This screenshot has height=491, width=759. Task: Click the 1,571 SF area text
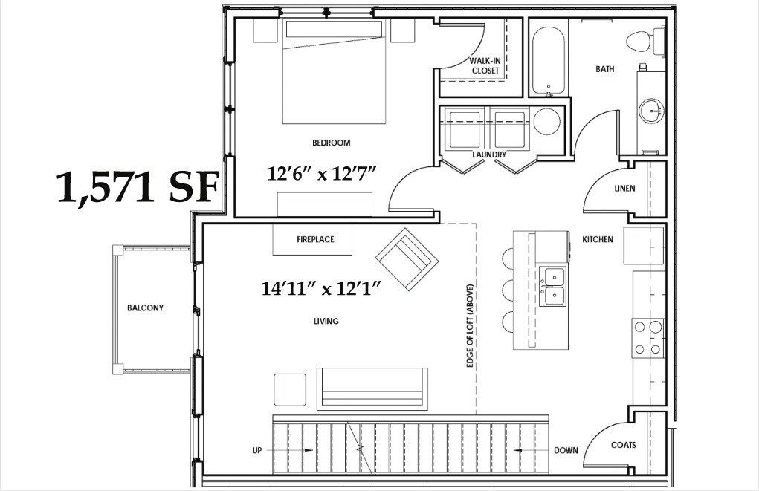138,188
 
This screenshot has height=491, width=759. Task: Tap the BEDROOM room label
332,143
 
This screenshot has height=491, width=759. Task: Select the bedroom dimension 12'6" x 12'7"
323,174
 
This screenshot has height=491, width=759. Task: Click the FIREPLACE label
315,240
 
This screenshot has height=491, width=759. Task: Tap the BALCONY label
145,308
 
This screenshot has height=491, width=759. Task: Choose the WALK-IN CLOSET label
485,65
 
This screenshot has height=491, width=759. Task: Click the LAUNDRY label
489,155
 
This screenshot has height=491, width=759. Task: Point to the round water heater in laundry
547,121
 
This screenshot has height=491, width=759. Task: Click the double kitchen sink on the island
552,287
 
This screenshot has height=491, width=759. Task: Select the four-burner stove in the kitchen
647,337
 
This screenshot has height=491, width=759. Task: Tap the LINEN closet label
624,189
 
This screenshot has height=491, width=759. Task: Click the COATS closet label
624,446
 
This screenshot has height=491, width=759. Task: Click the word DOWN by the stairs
565,451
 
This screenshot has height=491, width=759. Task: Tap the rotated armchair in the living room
407,258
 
